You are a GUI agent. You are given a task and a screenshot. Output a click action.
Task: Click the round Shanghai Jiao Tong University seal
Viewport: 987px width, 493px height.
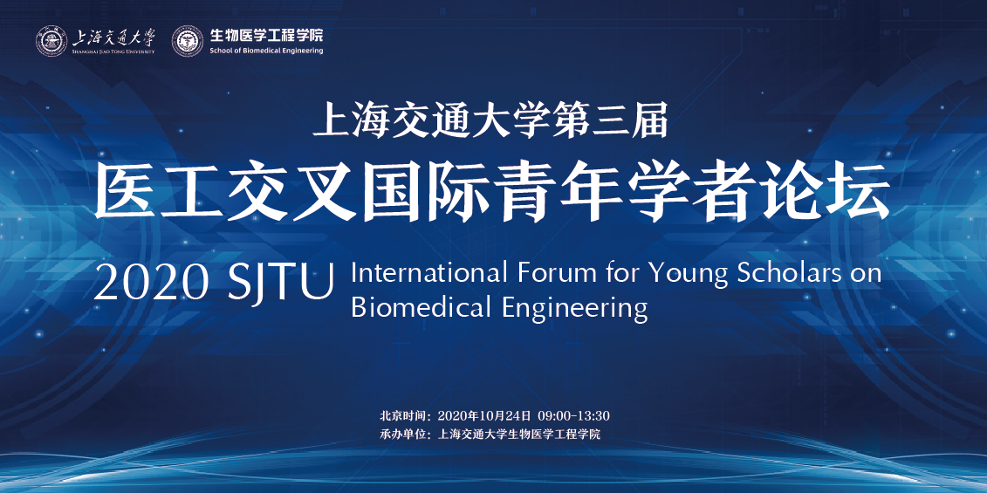pyautogui.click(x=51, y=41)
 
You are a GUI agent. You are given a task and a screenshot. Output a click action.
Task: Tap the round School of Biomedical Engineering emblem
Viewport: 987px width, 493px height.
pyautogui.click(x=188, y=41)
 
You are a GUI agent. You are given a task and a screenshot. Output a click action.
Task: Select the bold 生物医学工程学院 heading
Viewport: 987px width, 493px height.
pyautogui.click(x=266, y=35)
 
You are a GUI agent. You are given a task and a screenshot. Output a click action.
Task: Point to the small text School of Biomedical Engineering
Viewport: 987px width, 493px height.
pyautogui.click(x=266, y=51)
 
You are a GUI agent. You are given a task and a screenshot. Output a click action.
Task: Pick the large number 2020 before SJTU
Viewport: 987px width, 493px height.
pyautogui.click(x=151, y=283)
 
